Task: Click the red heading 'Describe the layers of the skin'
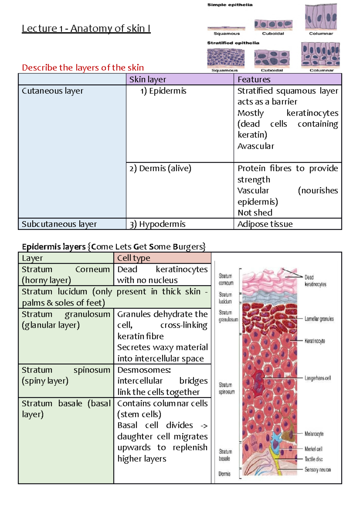point(83,68)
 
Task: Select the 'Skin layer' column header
point(148,79)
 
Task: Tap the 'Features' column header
point(254,79)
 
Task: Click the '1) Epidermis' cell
point(163,91)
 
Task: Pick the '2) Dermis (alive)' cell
point(160,168)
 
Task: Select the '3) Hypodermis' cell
point(157,224)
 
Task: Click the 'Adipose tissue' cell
point(265,224)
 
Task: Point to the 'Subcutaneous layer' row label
point(59,224)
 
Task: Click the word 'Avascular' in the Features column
point(256,146)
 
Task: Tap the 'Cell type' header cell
point(133,258)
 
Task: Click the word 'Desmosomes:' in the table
point(144,370)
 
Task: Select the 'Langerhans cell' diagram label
point(317,378)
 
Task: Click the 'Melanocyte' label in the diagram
point(314,434)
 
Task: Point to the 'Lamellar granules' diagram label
point(319,319)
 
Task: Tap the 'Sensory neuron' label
point(317,470)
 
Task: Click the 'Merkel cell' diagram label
point(313,449)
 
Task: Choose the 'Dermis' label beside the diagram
point(224,474)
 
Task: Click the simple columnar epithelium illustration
point(321,17)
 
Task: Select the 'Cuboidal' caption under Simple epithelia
point(273,34)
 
